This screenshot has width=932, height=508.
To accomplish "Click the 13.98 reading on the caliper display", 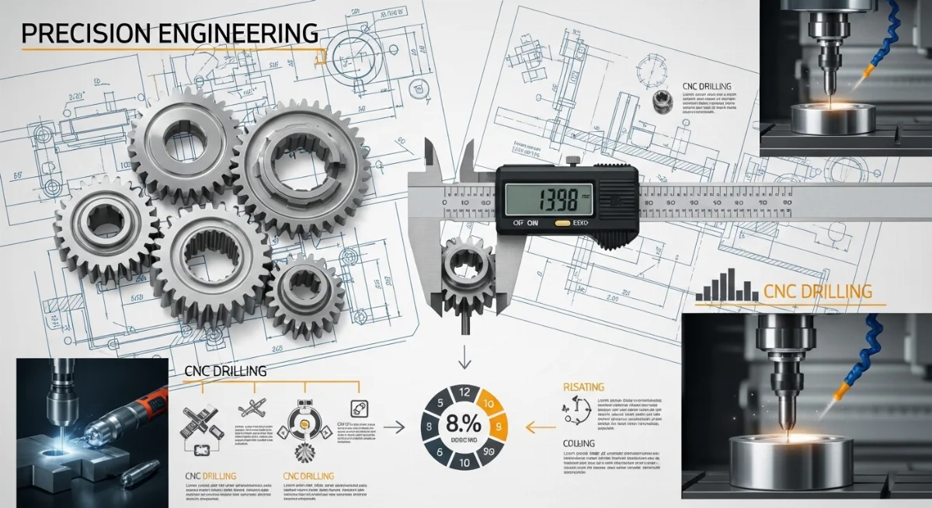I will (x=546, y=199).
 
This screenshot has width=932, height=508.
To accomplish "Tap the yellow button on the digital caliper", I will (x=562, y=221).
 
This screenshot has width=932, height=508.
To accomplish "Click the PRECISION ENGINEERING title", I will (x=169, y=33).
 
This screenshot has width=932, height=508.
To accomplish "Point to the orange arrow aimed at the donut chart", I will (x=541, y=426).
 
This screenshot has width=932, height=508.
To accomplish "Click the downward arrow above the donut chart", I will (x=464, y=358).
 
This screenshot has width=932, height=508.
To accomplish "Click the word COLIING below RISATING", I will (x=578, y=444).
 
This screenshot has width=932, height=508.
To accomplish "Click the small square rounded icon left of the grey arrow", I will (x=358, y=406).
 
